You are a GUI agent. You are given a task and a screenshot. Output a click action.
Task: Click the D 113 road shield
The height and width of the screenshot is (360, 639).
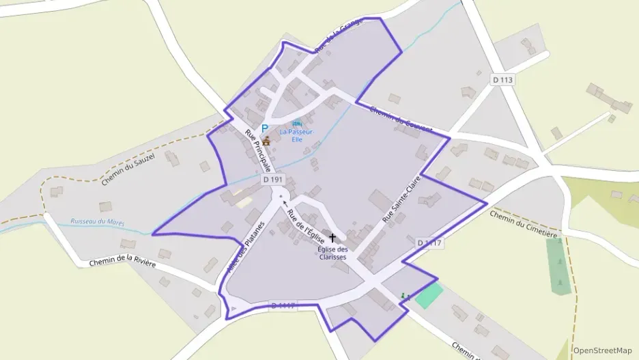pos(502,80)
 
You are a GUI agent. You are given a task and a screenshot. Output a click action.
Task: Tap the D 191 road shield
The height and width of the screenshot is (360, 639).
pos(272,180)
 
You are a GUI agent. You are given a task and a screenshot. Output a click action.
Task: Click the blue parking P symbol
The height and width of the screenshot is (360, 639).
pos(265,128)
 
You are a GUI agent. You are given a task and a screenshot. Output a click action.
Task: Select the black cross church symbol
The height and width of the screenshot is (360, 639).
pos(332,238)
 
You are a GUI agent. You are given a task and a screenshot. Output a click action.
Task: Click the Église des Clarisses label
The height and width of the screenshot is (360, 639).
pos(332,253)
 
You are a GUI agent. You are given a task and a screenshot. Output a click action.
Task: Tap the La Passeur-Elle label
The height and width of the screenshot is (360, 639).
pos(296,135)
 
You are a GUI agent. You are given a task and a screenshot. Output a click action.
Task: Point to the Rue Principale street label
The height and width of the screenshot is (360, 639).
pos(259,150)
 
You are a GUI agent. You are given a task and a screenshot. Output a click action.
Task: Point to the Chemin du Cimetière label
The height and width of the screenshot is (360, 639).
pos(524,223)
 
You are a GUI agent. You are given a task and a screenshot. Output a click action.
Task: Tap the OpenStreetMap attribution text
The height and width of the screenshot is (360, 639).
pos(603,350)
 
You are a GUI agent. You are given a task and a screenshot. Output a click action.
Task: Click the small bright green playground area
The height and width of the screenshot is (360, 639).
pos(428,296)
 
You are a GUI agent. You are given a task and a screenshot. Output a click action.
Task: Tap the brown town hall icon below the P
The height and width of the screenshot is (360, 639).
pos(266,141)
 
